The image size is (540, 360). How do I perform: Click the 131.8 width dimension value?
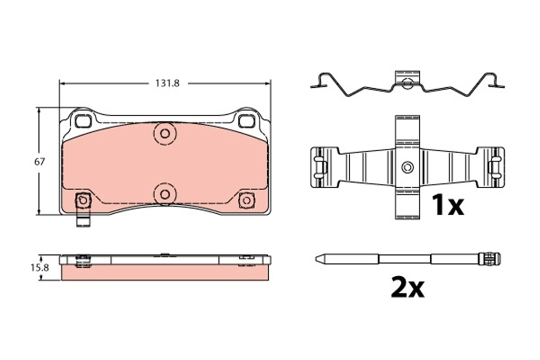point(167,83)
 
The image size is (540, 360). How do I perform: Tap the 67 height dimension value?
point(39,162)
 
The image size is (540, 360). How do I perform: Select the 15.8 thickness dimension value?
point(40,268)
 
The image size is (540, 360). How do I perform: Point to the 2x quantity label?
point(408,287)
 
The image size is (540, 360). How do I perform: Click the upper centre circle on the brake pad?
point(165,134)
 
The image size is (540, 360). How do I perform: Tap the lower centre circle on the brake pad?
point(165,194)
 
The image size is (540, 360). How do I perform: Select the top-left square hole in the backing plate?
point(83,121)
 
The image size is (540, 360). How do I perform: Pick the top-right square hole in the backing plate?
point(247,121)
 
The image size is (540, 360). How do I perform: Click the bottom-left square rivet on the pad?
point(83,200)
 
